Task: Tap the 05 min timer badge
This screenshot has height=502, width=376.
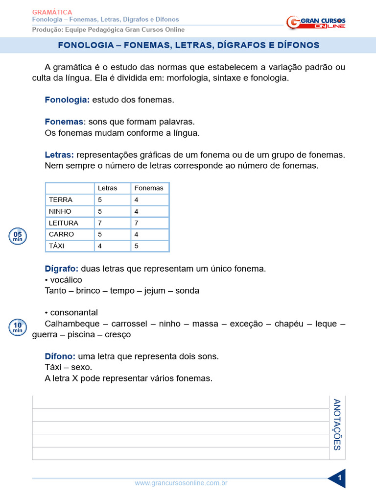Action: tap(18, 236)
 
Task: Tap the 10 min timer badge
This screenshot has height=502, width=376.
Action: tap(18, 326)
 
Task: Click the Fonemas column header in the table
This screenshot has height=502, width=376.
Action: tap(149, 188)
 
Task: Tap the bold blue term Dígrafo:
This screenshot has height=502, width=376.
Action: tap(62, 269)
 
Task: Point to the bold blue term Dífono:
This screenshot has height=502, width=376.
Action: tap(60, 356)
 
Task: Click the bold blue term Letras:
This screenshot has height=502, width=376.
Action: tap(59, 155)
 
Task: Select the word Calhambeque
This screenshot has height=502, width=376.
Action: tap(71, 324)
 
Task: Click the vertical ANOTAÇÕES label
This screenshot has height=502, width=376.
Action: tap(337, 425)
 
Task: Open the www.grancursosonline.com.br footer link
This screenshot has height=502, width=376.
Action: tap(181, 483)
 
